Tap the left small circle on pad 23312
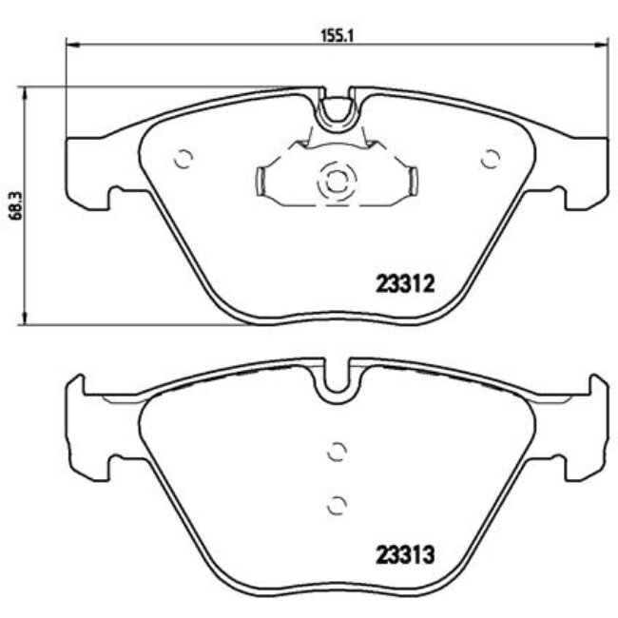183,160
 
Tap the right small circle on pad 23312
491,160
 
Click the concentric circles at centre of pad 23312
337,180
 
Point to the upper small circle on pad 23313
334,453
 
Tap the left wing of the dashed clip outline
265,181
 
